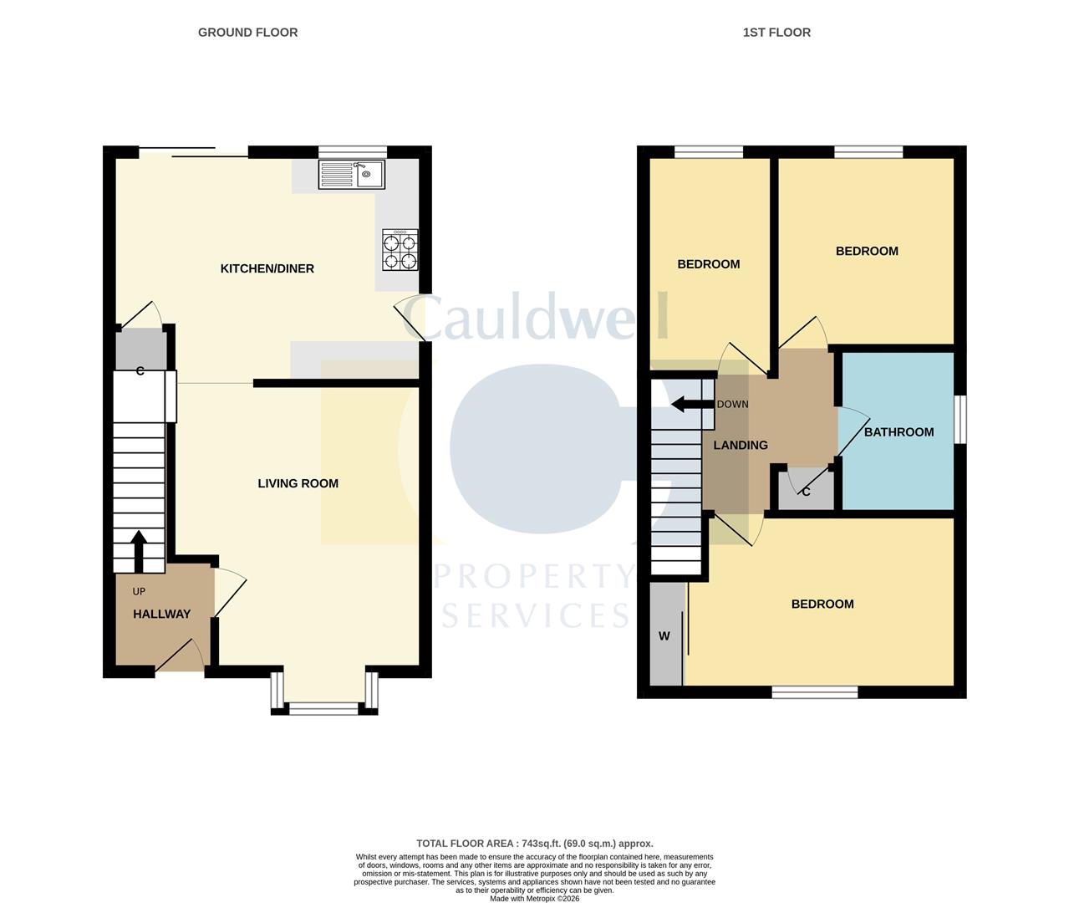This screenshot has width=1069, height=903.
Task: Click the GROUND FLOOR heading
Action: coord(247,33)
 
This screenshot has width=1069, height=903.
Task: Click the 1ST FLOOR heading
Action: coord(776,33)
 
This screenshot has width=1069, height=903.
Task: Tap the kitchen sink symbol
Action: coord(351,175)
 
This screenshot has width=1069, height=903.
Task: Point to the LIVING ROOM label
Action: coord(298,483)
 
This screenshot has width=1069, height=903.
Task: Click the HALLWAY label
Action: coord(162,614)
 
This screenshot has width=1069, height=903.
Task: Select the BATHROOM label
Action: coord(898,432)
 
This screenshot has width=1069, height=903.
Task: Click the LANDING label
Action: coord(740,446)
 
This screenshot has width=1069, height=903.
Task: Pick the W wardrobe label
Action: coord(664,636)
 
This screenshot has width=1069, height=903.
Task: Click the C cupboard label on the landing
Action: coord(806,492)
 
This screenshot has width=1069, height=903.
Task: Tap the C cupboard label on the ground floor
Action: coord(140,370)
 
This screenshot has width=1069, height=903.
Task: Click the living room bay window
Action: coord(324,707)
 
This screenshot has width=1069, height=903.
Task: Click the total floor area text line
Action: coord(535,844)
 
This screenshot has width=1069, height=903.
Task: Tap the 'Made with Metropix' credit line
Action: coord(534,898)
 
